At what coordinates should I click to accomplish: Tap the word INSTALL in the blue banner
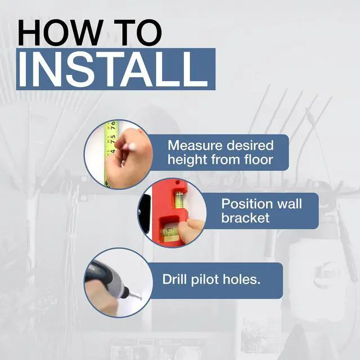(113, 69)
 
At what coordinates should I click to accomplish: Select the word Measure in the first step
(195, 146)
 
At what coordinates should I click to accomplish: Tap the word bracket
(245, 218)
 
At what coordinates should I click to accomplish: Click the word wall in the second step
(289, 204)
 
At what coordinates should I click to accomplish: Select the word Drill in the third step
(174, 279)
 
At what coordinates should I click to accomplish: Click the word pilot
(205, 280)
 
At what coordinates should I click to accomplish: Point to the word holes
(241, 279)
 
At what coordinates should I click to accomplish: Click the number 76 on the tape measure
(113, 126)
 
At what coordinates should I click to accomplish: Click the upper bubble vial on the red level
(179, 201)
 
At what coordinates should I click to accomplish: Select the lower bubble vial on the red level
(170, 231)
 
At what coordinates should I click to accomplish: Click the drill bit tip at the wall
(140, 299)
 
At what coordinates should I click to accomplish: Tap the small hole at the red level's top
(177, 183)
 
